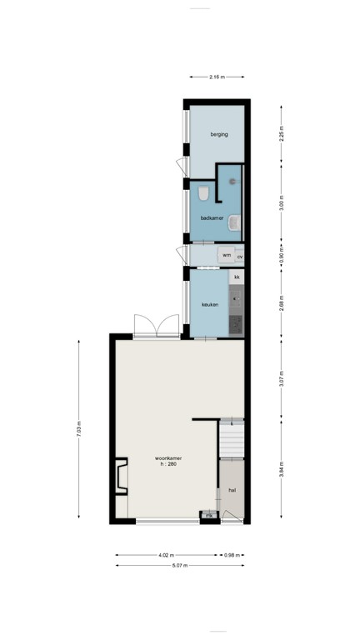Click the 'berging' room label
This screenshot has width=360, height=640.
218,133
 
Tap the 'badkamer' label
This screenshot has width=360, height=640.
212,218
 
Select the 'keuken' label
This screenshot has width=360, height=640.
210,305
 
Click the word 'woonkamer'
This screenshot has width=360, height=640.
168,457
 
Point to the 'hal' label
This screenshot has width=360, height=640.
232,490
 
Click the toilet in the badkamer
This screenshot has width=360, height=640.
203,195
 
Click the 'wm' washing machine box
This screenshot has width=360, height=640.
226,255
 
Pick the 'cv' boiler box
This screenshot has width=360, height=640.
240,257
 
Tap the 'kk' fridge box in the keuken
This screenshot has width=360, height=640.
237,277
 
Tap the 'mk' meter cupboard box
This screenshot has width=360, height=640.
207,516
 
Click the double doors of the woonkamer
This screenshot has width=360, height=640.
156,325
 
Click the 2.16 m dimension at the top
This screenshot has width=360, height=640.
217,77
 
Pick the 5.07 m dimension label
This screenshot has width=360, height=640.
180,566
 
